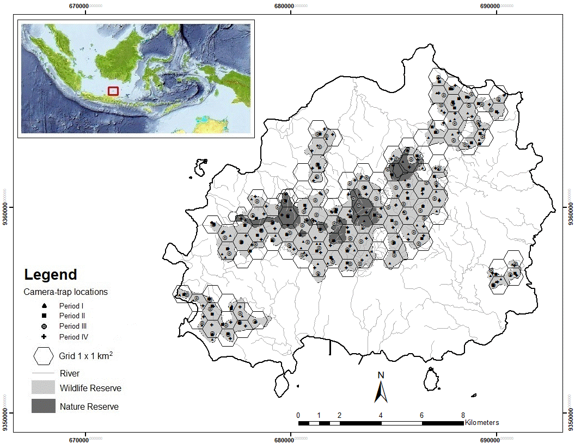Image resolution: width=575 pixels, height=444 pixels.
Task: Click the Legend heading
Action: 50,275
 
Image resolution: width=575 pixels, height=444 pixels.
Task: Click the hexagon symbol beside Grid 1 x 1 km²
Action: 43,356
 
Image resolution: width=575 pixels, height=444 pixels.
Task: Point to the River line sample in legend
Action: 43,373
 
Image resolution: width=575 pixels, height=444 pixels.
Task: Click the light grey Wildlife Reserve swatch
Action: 43,387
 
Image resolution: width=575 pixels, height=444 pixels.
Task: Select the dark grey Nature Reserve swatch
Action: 43,406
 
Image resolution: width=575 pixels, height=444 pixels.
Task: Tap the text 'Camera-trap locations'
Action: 65,292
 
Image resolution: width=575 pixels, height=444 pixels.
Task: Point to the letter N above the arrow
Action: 381,375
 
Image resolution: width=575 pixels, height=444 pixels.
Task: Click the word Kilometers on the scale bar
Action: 481,422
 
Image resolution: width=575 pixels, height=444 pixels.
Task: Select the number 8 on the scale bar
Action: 463,415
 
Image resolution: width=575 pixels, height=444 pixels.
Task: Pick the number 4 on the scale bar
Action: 381,415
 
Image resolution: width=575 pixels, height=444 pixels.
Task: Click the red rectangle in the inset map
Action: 113,91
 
